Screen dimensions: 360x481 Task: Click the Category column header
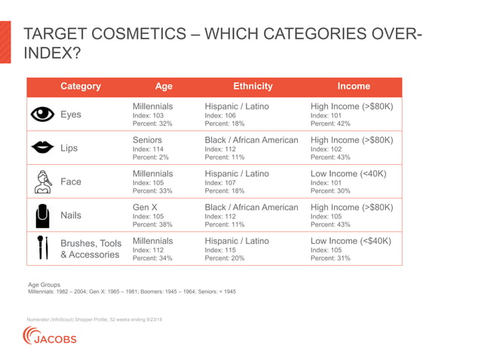(x=81, y=87)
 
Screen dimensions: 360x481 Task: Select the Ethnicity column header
(x=253, y=87)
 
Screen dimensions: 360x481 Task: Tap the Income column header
(x=354, y=87)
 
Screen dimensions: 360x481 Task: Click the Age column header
(x=164, y=87)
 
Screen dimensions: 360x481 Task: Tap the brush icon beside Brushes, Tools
(x=44, y=249)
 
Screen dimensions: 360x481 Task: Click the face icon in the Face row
(x=44, y=182)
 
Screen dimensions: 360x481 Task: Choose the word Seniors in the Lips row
(x=148, y=140)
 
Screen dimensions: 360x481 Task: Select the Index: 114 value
(x=148, y=149)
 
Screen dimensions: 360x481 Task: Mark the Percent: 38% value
(x=152, y=224)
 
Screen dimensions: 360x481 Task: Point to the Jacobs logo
(x=51, y=337)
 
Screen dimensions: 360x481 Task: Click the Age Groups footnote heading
(x=44, y=285)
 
